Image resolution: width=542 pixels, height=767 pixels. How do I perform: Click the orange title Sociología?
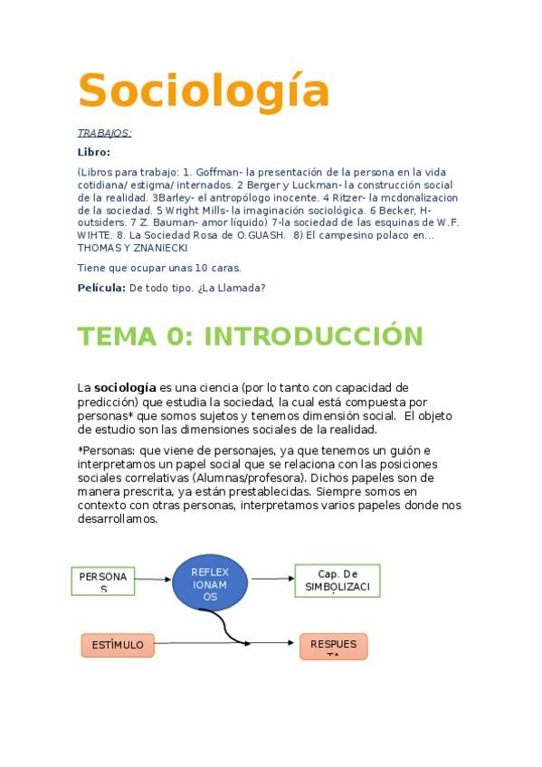point(203,90)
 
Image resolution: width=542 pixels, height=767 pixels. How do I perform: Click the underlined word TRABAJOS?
point(104,133)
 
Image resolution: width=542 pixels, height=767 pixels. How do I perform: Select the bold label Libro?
point(93,152)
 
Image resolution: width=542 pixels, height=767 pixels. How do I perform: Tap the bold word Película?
point(100,288)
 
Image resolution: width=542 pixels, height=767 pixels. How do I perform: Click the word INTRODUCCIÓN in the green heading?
point(313,336)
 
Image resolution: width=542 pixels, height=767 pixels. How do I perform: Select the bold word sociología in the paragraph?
point(125,388)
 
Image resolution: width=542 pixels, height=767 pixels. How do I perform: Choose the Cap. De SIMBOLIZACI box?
point(338,581)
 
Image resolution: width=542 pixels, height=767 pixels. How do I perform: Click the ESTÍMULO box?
point(117,645)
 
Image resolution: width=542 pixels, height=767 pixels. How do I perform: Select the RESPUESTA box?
point(333,645)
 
